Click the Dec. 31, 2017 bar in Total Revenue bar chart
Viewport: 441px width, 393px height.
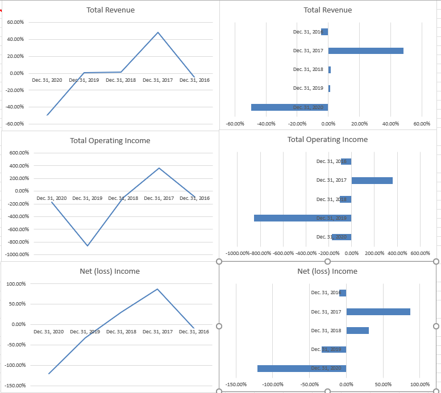365,51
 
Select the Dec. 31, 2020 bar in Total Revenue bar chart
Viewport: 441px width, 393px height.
289,107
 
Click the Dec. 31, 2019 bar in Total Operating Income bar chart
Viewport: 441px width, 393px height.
302,218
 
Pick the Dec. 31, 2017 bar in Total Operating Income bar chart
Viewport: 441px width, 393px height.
372,180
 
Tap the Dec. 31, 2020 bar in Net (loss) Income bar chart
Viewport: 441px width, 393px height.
301,368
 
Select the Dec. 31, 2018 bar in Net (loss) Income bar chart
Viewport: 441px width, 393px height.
357,331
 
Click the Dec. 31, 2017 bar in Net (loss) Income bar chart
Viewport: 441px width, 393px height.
378,312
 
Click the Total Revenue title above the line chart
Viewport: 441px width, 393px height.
111,10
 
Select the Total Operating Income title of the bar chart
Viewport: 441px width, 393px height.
327,140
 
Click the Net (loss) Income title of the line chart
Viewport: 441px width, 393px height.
110,271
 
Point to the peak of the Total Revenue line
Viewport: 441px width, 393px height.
158,32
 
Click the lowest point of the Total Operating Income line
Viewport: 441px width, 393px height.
88,246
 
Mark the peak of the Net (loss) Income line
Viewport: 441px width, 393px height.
157,289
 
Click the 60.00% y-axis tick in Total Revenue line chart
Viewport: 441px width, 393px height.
15,22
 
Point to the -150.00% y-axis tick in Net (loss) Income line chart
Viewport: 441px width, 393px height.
15,386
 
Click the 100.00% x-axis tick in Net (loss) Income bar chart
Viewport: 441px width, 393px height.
420,384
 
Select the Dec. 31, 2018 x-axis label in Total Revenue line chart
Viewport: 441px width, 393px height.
120,81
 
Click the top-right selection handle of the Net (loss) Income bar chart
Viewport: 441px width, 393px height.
436,261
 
